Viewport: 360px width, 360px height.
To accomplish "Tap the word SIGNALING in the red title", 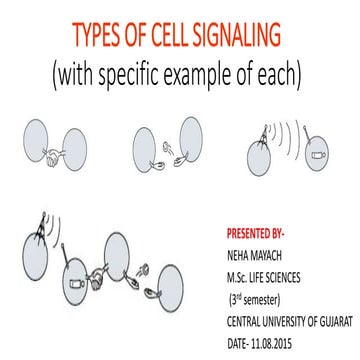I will (248, 38).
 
